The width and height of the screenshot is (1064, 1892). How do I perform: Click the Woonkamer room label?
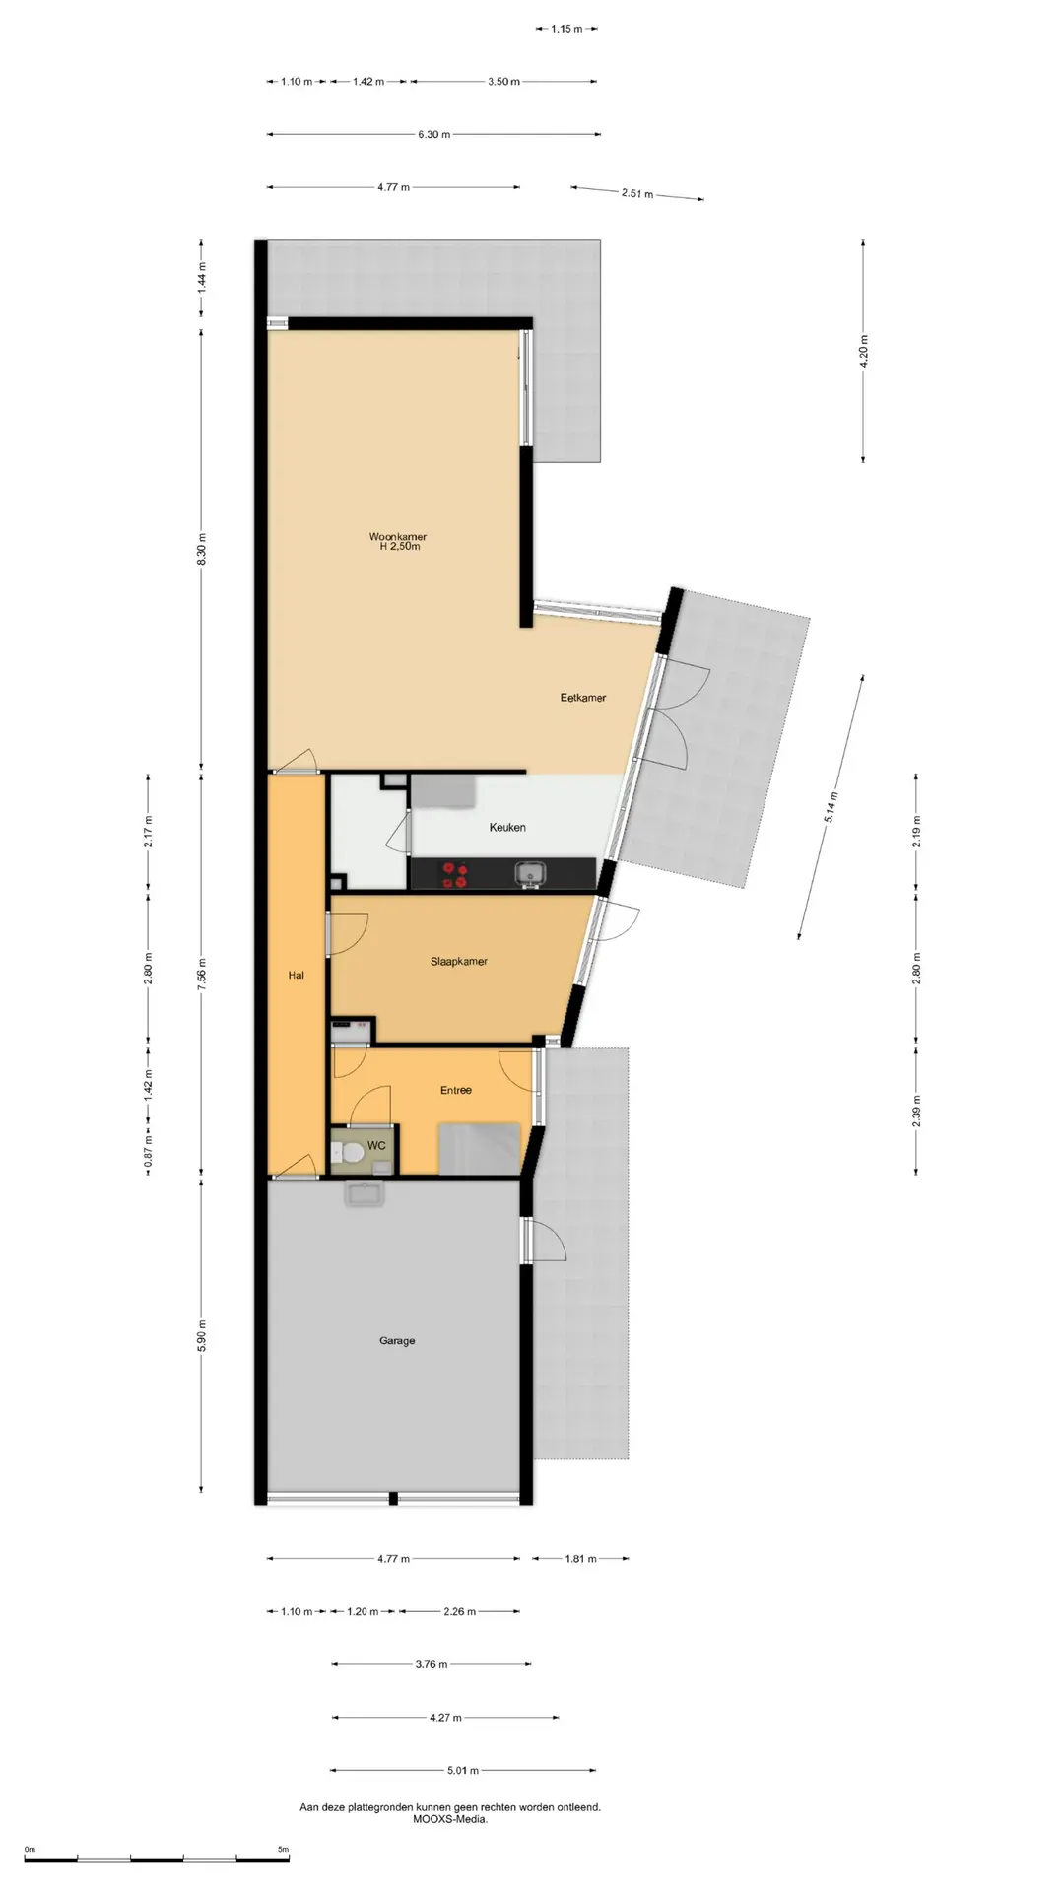pos(398,537)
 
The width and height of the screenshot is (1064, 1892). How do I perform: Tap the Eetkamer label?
pos(583,698)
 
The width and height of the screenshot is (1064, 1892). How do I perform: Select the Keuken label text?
pos(507,828)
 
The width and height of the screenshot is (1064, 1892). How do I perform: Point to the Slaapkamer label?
pos(459,962)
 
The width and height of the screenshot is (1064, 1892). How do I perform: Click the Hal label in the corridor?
pos(297,976)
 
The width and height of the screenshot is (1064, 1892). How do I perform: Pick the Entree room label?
pos(456,1090)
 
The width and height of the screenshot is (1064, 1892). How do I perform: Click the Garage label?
pos(397,1341)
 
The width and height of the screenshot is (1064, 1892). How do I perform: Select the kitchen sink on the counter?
pos(531,873)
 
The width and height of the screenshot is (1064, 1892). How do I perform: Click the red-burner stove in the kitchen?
pos(455,874)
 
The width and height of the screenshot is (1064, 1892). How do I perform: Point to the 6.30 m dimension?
pos(433,134)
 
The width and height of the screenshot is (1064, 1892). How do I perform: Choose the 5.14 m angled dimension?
pos(831,806)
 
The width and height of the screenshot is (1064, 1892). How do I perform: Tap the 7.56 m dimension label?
pos(201,976)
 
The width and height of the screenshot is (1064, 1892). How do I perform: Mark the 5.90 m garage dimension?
pos(201,1335)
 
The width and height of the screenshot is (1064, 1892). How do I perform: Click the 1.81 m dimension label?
pos(580,1559)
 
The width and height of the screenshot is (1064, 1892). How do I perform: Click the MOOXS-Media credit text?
pos(450,1819)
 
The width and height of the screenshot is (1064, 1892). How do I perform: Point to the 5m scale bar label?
pos(284,1849)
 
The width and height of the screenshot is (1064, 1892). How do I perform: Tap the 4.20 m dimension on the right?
pos(864,351)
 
